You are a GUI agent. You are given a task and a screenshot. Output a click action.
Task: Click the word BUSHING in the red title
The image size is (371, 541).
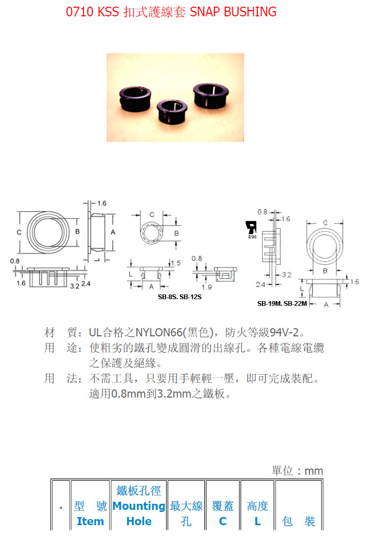250,12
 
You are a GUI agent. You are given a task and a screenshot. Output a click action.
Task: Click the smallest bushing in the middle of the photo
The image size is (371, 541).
172,111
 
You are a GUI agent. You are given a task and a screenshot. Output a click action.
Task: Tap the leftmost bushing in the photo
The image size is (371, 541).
135,99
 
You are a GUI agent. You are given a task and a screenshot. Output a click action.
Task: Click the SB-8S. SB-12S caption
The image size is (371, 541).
180,297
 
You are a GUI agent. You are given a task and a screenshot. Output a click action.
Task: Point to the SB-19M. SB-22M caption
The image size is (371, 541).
282,304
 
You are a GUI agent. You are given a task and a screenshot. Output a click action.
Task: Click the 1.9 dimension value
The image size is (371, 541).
207,287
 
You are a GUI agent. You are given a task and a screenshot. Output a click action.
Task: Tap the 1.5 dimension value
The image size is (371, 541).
176,263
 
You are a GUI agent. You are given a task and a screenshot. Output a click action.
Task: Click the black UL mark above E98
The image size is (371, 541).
251,228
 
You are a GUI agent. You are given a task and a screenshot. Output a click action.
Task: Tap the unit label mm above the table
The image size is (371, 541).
314,471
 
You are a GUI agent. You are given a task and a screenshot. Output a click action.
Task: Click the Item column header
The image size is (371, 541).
90,521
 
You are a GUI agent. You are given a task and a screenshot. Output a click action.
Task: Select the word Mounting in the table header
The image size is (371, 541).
139,506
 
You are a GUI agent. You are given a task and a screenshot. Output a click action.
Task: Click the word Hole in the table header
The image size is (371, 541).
139,521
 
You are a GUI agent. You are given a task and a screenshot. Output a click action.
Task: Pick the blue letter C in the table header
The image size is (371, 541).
223,521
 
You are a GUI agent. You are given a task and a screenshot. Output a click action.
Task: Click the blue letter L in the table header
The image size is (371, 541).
258,521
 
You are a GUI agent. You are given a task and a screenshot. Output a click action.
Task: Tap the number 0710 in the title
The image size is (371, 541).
79,12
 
